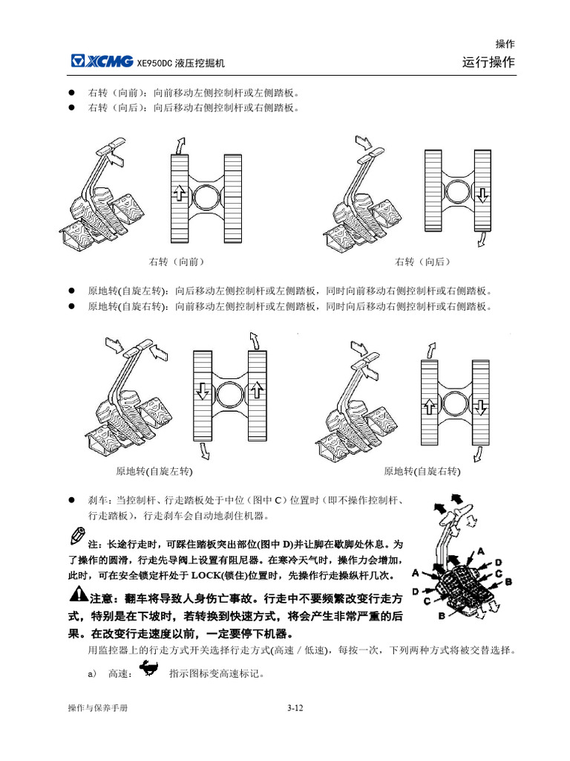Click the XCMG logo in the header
click(x=102, y=62)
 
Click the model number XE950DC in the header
click(x=154, y=63)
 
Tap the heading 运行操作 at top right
click(x=488, y=62)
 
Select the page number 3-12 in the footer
click(x=295, y=708)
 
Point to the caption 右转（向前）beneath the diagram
click(x=177, y=262)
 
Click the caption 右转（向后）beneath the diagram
click(x=423, y=262)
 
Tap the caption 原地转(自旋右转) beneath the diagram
click(x=422, y=471)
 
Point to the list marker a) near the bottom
click(x=93, y=674)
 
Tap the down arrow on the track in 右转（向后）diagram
click(x=482, y=195)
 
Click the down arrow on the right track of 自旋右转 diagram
click(x=480, y=407)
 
